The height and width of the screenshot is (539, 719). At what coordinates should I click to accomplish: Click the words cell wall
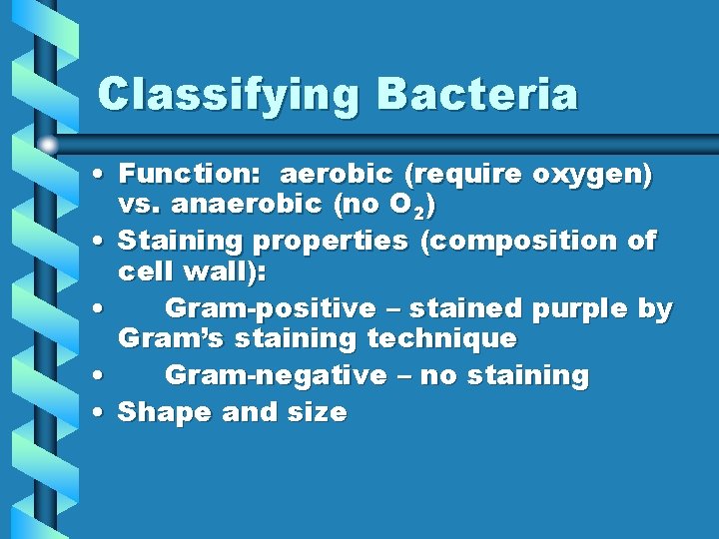coord(188,272)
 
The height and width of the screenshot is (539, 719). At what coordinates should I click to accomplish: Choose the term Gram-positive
coord(270,309)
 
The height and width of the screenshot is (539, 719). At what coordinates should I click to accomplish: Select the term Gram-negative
coord(275,376)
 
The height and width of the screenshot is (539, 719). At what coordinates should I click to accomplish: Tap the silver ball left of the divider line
coord(47,144)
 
